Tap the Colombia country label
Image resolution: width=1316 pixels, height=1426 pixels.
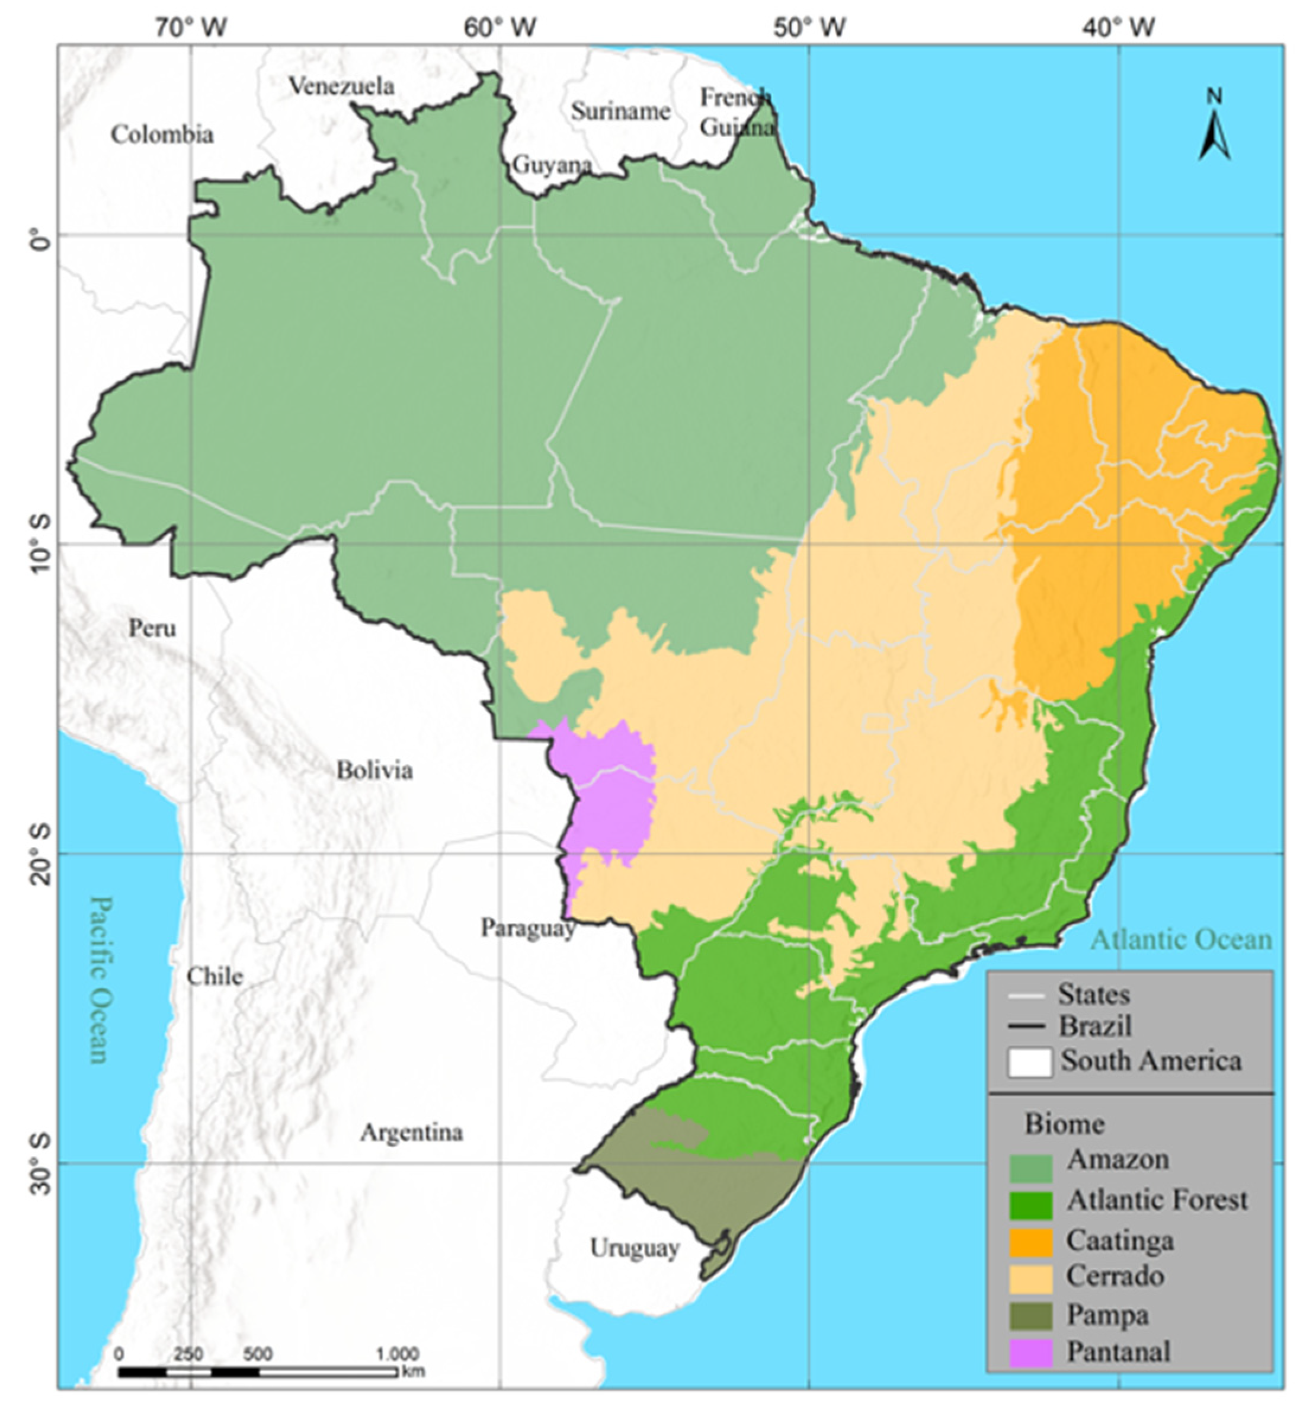[x=162, y=134]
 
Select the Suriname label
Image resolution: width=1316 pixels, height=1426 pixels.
[x=620, y=111]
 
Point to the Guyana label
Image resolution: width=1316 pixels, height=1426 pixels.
[x=552, y=165]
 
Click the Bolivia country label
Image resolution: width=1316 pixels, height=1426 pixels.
[x=374, y=770]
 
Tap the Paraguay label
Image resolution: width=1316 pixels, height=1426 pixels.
[x=528, y=928]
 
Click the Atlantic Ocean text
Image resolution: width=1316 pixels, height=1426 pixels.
[x=1181, y=939]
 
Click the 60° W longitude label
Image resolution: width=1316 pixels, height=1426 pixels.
[x=500, y=27]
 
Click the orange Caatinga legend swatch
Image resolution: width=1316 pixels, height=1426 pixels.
[x=1030, y=1242]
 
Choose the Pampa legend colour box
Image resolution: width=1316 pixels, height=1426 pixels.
[x=1030, y=1316]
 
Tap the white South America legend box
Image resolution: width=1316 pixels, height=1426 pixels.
[x=1030, y=1063]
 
